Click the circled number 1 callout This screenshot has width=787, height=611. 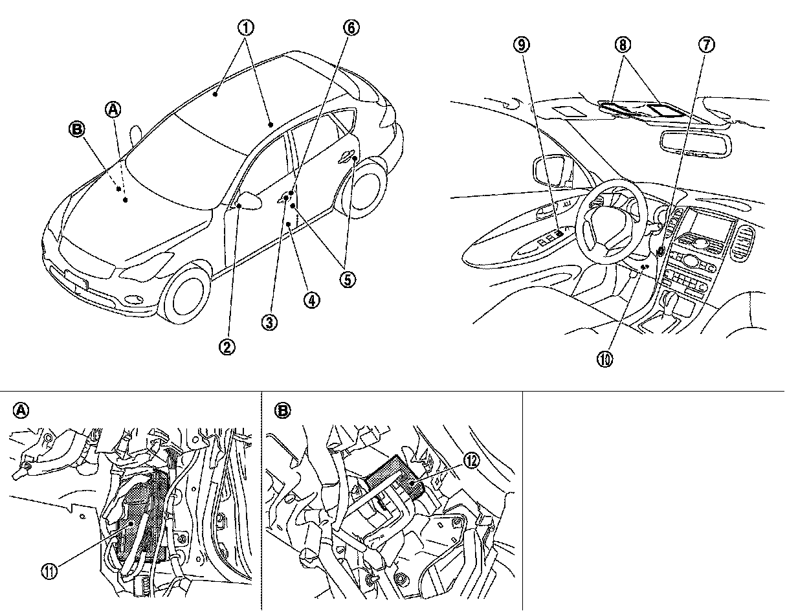coord(246,28)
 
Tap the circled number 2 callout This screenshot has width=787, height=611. coord(227,347)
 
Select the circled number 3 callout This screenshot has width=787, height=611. coord(271,322)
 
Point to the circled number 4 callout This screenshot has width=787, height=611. coord(312,301)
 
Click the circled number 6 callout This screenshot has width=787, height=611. coord(350,28)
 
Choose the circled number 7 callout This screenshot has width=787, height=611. coord(707,45)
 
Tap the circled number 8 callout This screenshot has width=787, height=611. coord(623,45)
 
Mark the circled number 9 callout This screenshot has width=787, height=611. coord(522,45)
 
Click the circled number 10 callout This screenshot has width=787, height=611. coord(607,358)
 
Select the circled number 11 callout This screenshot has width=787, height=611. coord(49,571)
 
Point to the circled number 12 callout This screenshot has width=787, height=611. coord(471,460)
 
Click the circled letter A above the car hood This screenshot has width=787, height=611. coord(113,110)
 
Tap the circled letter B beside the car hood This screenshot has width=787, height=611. coord(78,130)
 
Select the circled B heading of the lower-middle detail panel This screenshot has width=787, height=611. coord(282,410)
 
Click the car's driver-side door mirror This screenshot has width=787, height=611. coord(250,201)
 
